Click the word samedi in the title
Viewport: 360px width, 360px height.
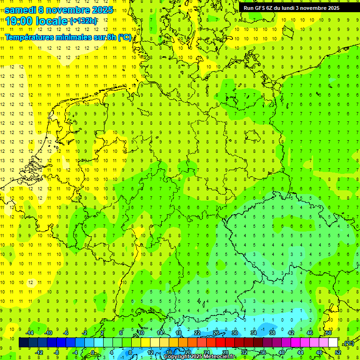[x=22, y=9]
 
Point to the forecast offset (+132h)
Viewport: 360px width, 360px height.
[x=83, y=21]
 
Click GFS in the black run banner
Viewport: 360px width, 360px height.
[x=260, y=8]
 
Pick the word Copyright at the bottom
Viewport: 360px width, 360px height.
[x=177, y=357]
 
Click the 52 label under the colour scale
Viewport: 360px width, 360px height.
[x=338, y=352]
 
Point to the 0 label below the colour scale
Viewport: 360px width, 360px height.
[x=93, y=352]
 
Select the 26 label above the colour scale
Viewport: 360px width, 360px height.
[x=216, y=333]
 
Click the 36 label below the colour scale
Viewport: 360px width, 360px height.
[x=263, y=352]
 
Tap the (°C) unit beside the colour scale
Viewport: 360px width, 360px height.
[x=348, y=343]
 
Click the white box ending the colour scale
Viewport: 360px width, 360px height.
[x=333, y=343]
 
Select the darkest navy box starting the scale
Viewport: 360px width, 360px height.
[x=24, y=343]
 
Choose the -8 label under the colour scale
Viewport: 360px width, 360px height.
[x=56, y=352]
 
